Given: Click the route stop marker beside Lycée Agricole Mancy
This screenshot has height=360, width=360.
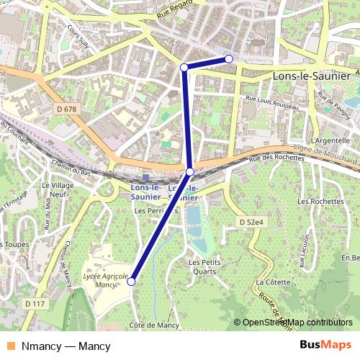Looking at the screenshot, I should (131, 282).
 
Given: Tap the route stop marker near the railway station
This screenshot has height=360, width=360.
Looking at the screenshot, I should (190, 171).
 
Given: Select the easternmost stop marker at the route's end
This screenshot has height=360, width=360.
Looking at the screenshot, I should (228, 58).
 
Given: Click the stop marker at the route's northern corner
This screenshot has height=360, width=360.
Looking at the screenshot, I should (184, 67).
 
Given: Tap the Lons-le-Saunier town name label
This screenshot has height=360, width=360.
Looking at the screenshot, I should (311, 75).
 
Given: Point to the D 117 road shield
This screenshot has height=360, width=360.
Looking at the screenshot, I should (33, 305).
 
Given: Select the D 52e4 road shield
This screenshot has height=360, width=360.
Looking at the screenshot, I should (253, 222).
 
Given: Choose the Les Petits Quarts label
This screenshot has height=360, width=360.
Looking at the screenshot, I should (205, 267).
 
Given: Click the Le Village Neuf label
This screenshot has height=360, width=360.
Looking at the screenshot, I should (58, 190).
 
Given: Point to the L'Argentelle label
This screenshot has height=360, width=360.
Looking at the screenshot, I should (330, 140).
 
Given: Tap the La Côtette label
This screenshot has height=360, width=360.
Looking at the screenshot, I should (271, 282).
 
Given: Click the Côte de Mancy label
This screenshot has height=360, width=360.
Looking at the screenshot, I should (153, 325).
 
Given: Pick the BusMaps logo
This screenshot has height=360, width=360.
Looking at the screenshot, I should (326, 346).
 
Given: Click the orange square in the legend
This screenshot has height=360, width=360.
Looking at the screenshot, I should (9, 346).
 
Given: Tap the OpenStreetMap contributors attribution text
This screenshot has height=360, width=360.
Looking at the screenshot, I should (297, 323).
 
